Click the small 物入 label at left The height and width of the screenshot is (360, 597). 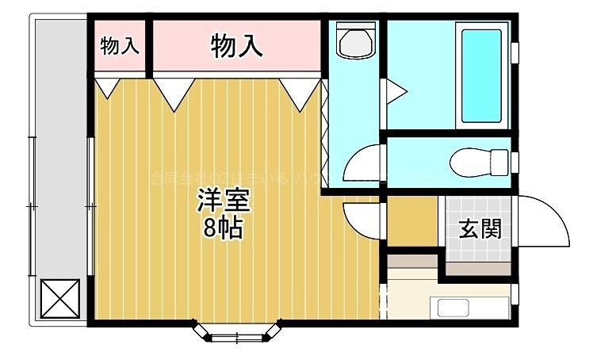120,46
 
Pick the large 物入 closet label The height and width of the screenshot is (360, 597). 236,47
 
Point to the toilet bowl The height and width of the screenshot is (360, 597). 476,163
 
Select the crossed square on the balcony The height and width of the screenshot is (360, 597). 60,298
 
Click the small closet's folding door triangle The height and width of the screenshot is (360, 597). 107,86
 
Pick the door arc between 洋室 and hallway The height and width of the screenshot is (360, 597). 363,216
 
